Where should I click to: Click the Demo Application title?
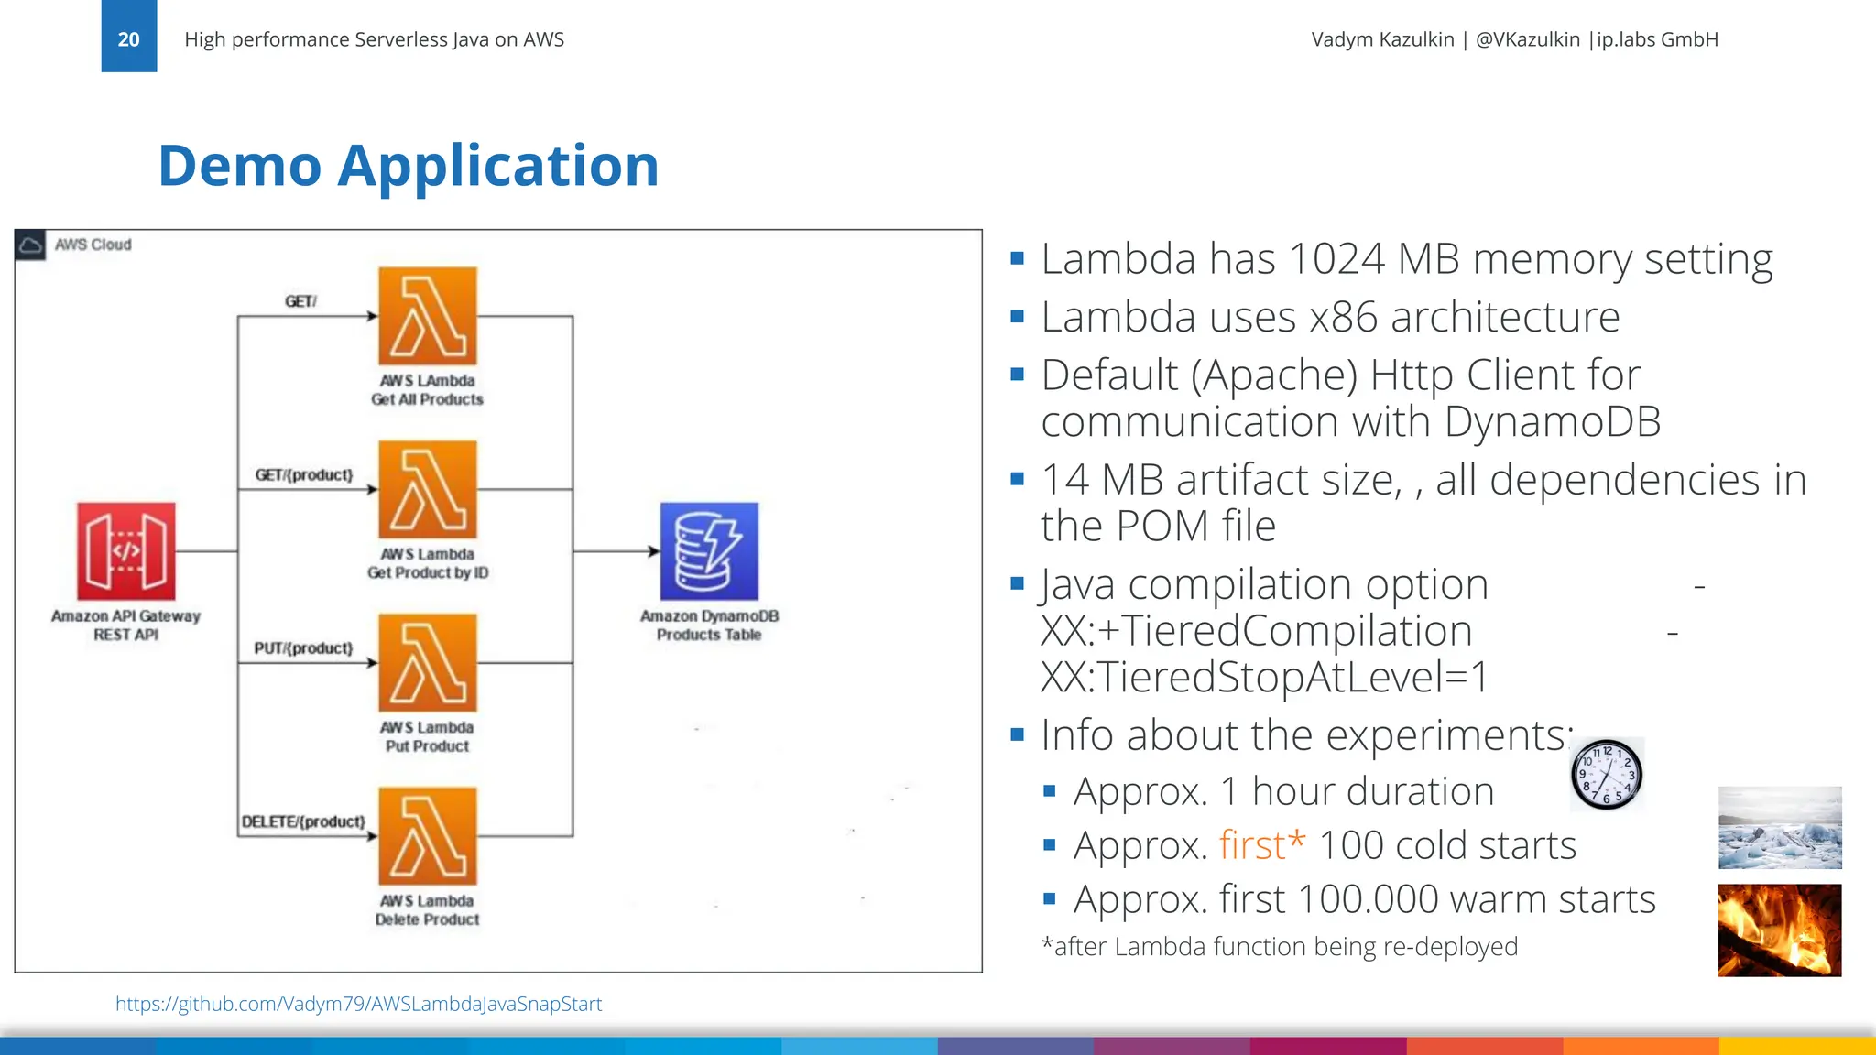pos(409,166)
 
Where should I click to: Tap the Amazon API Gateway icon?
pos(126,551)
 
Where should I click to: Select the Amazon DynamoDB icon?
pos(709,551)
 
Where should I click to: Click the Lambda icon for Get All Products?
pos(428,316)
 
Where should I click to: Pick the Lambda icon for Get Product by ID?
pos(428,489)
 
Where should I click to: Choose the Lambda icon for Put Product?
pos(428,662)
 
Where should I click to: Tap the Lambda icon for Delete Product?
pos(428,836)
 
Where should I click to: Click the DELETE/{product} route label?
pos(303,821)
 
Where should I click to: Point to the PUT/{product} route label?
pos(303,648)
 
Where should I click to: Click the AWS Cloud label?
pos(93,245)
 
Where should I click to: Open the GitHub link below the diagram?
pos(358,1004)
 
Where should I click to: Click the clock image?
pos(1607,775)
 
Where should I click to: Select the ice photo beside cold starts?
pos(1780,828)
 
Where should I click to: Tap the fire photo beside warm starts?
pos(1780,930)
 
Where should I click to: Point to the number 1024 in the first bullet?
pos(1336,259)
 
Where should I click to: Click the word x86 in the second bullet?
pos(1343,318)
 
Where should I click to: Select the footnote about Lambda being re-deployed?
pos(1280,946)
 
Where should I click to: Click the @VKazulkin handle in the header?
pos(1527,39)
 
